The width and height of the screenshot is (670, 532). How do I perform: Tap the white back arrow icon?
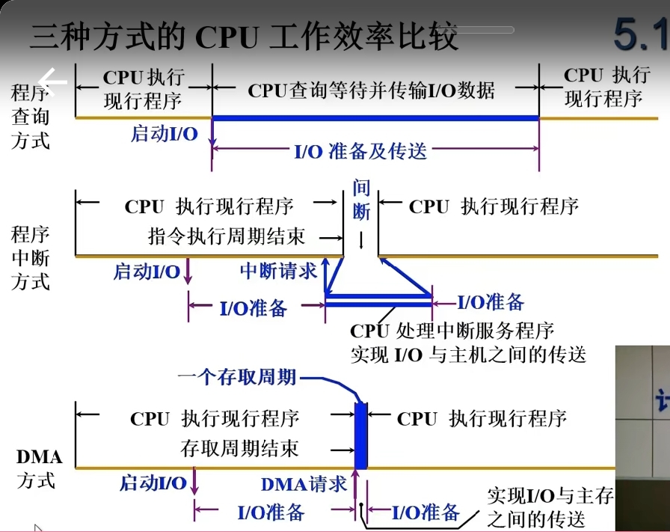click(53, 79)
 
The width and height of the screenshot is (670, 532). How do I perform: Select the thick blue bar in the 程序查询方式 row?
click(375, 117)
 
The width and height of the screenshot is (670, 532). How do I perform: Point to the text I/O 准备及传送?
click(360, 150)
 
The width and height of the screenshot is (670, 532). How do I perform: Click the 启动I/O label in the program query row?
click(165, 134)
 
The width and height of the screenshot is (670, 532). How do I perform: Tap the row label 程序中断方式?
click(31, 258)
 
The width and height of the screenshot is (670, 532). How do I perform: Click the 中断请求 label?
click(279, 271)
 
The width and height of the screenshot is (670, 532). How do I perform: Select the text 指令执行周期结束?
click(227, 236)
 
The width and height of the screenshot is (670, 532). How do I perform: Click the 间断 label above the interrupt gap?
click(361, 200)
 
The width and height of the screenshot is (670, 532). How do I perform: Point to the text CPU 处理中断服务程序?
click(452, 331)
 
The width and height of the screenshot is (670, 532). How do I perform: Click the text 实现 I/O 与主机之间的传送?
click(468, 354)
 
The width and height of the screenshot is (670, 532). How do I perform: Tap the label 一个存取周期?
click(236, 377)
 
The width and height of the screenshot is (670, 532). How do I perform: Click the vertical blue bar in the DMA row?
click(362, 436)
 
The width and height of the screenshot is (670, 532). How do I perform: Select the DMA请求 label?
click(304, 484)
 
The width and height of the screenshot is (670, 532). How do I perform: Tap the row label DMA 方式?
click(38, 468)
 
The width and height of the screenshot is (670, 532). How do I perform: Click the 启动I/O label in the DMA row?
click(153, 483)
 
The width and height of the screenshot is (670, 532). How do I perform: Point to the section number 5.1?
click(640, 34)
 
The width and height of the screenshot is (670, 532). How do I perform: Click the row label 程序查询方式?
click(31, 116)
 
